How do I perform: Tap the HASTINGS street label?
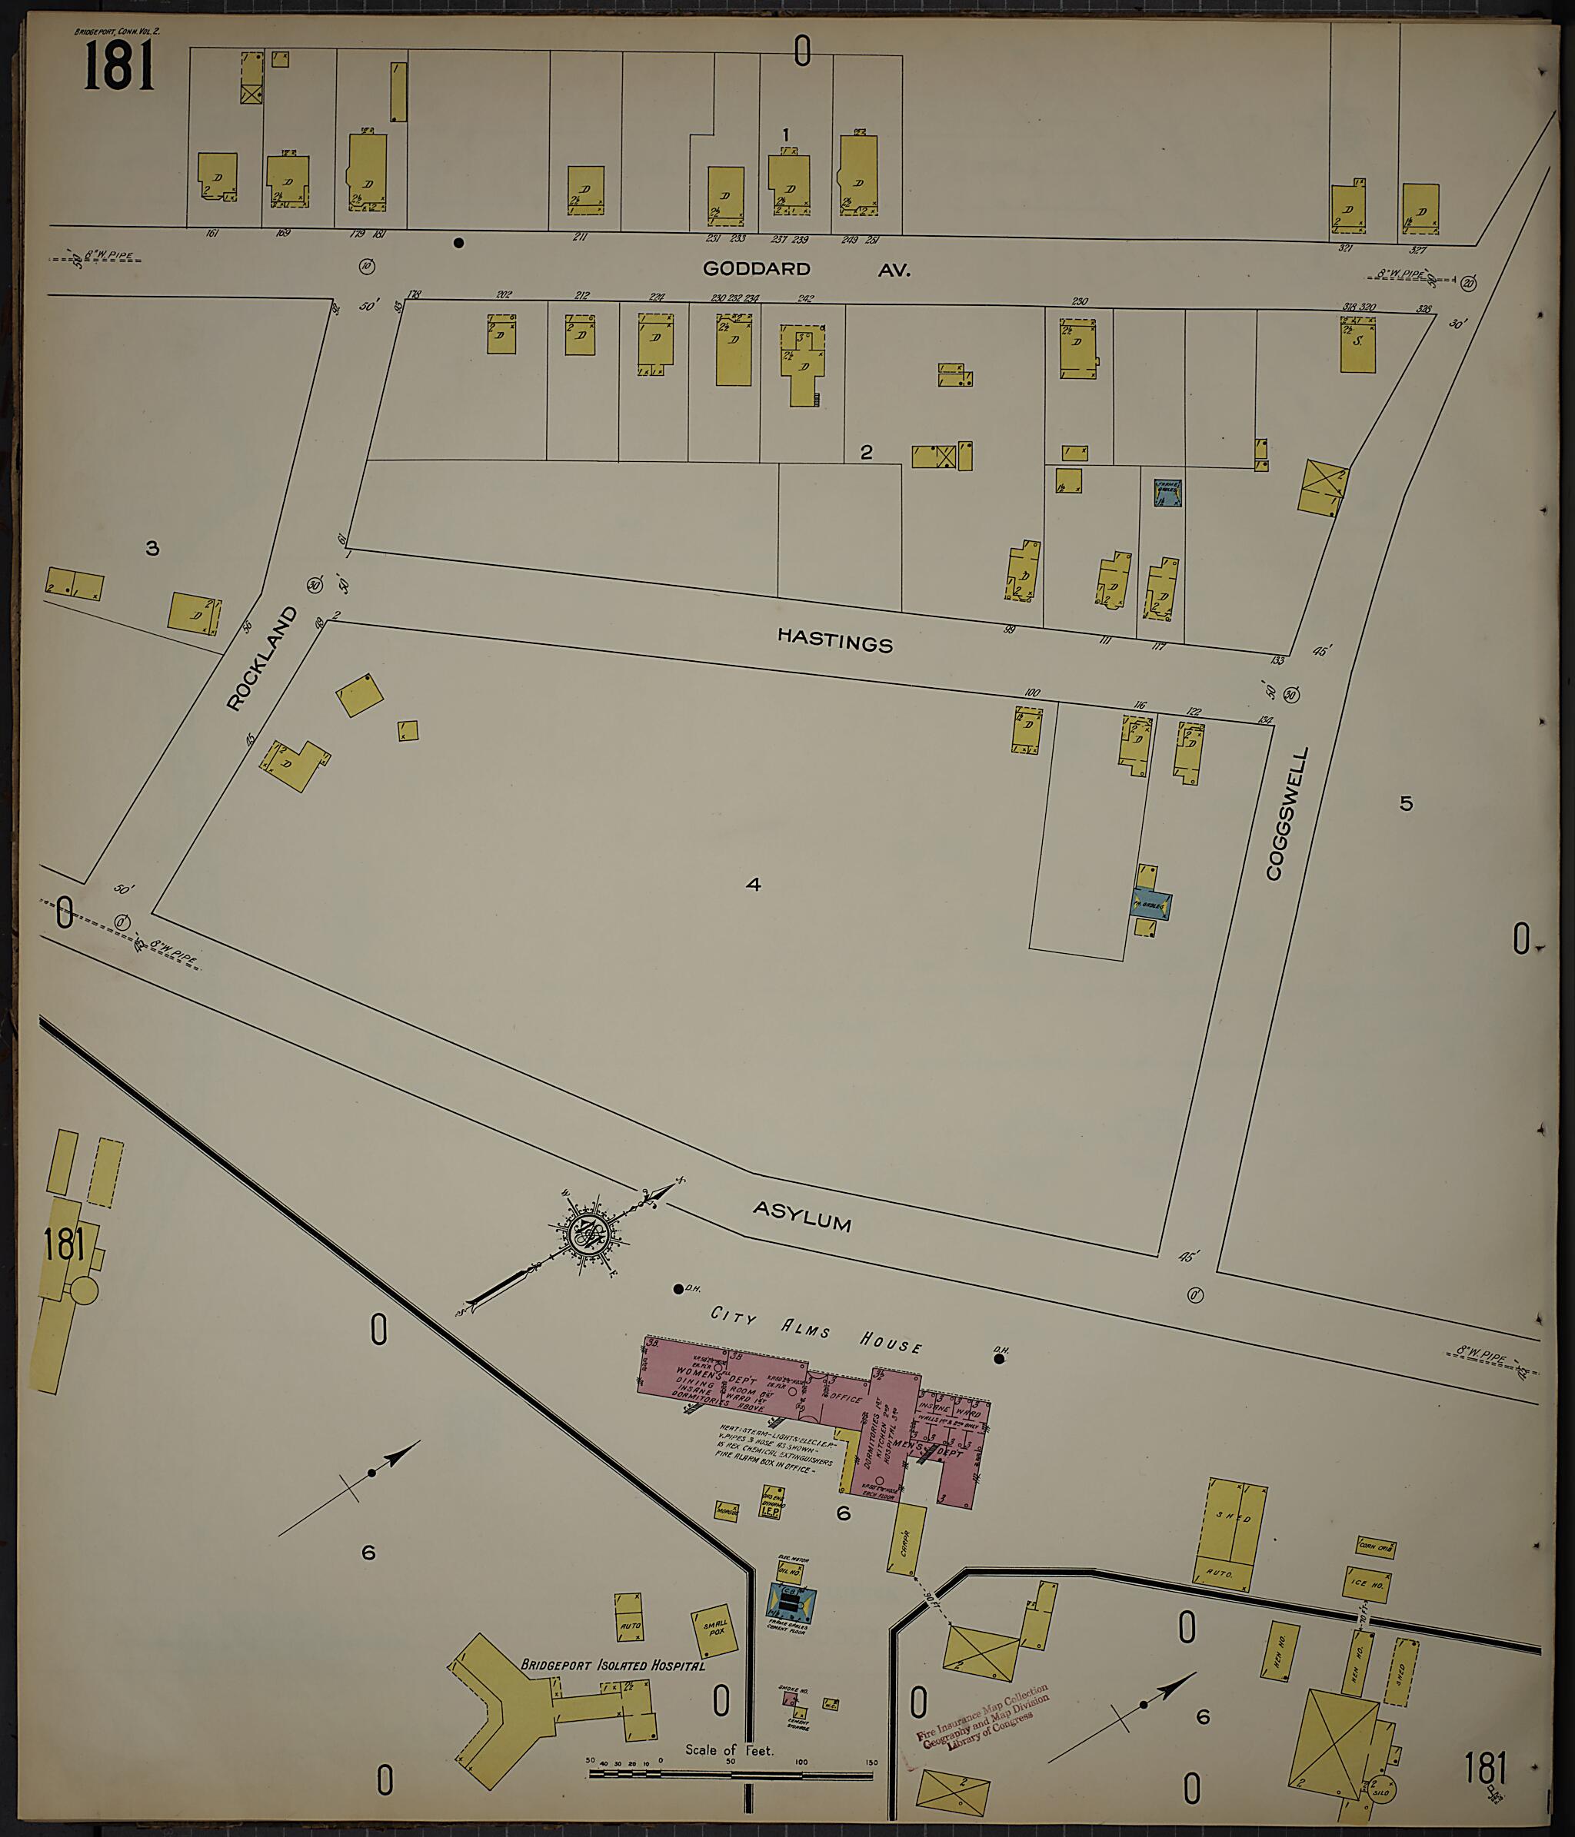coord(834,640)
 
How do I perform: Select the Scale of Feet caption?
coord(729,1750)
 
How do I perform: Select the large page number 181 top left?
coord(119,68)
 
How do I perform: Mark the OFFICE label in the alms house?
coord(846,1398)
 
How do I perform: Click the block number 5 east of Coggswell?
coord(1406,803)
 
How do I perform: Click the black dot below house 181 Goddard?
coord(458,242)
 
